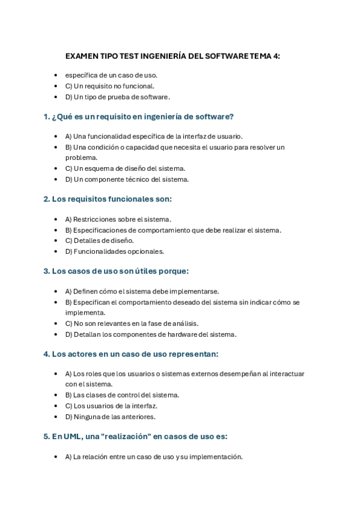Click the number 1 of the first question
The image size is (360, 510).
click(46, 117)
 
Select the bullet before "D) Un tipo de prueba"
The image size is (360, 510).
click(56, 97)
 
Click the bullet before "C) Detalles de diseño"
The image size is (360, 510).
click(56, 241)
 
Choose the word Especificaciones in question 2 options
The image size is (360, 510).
click(100, 230)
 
